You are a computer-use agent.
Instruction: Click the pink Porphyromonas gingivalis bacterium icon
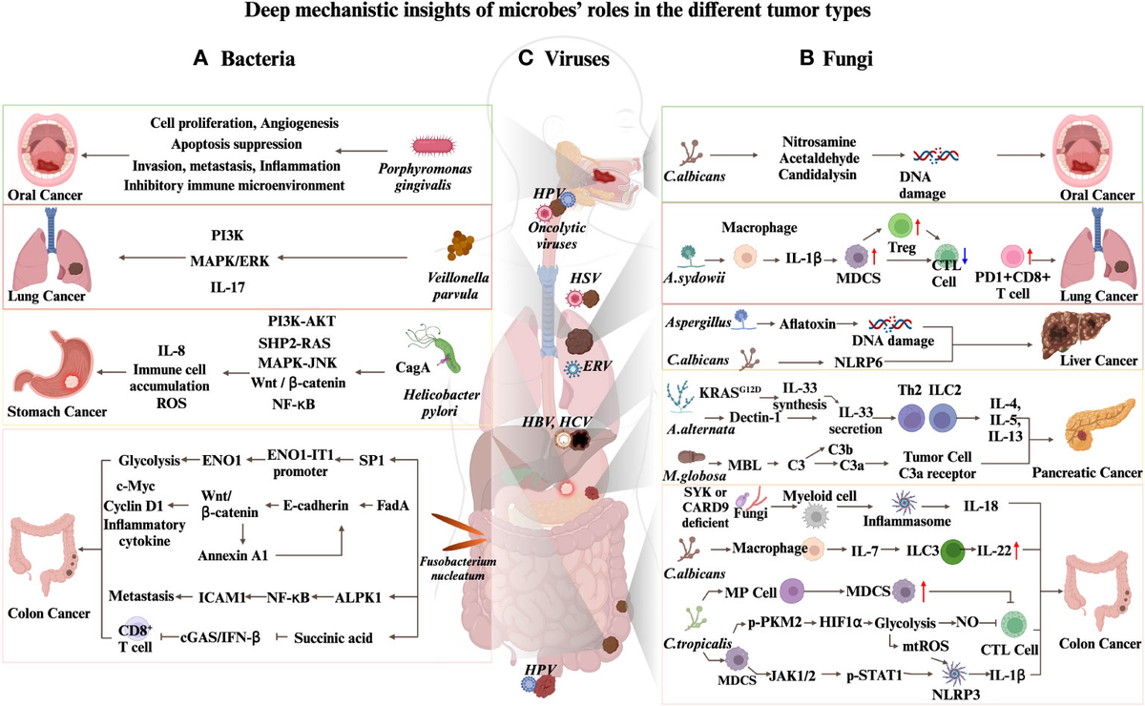[x=433, y=146]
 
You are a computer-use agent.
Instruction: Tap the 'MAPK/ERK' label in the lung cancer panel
[x=230, y=261]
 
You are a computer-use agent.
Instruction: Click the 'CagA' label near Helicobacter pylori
[x=412, y=367]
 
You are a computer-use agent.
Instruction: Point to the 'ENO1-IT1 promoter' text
[x=300, y=463]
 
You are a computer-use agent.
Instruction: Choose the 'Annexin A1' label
[x=233, y=555]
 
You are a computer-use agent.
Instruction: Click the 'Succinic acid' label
[x=333, y=637]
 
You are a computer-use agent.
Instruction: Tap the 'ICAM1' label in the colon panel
[x=221, y=597]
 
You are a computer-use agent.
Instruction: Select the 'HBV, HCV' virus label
[x=556, y=422]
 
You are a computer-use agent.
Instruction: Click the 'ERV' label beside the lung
[x=597, y=366]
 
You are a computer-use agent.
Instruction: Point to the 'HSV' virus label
[x=585, y=278]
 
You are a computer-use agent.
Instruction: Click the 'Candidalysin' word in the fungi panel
[x=818, y=175]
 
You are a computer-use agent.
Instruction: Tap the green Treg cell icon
[x=900, y=225]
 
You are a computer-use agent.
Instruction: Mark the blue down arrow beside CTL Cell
[x=965, y=256]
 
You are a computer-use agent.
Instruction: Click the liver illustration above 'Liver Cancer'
[x=1075, y=335]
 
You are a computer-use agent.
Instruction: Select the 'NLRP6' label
[x=858, y=363]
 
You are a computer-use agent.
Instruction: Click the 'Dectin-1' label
[x=755, y=417]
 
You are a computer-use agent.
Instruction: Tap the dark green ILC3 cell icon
[x=952, y=551]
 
